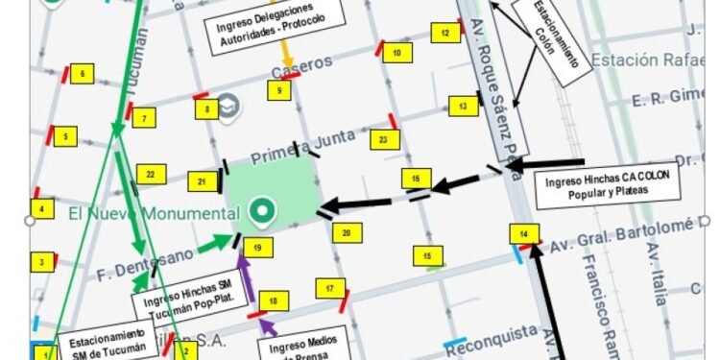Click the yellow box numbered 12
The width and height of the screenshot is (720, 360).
[445, 33]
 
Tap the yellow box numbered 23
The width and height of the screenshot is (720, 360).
[383, 139]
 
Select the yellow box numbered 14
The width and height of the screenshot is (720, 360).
[524, 234]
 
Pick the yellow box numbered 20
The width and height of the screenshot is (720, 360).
[347, 232]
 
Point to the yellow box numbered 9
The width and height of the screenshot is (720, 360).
[279, 91]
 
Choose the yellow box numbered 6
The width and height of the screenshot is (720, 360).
[83, 74]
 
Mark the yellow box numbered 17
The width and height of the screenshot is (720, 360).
[330, 288]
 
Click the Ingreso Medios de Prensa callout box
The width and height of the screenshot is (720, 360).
[296, 346]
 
